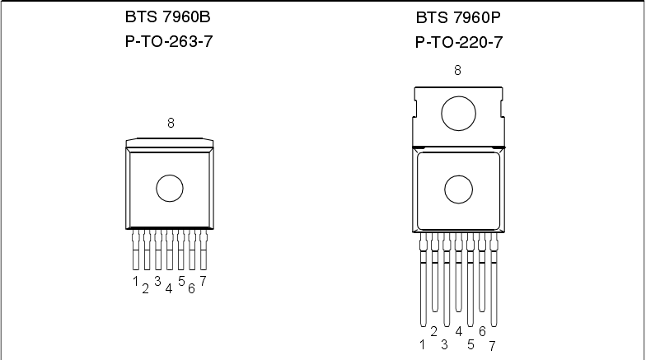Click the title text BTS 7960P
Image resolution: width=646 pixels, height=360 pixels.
click(x=458, y=16)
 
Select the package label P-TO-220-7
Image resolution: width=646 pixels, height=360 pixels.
click(x=458, y=41)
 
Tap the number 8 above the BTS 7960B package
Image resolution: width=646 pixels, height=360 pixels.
click(x=171, y=124)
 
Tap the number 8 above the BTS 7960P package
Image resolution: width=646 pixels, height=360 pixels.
click(x=458, y=70)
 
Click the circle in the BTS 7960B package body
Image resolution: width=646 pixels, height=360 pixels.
click(x=170, y=188)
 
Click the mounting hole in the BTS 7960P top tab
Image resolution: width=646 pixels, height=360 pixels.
click(x=458, y=113)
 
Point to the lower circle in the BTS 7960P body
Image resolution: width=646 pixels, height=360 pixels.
click(x=458, y=189)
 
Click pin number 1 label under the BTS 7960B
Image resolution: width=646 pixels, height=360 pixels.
click(x=134, y=281)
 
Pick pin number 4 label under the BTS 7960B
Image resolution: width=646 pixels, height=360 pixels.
click(x=168, y=288)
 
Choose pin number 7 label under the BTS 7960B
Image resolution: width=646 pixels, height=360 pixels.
click(x=203, y=281)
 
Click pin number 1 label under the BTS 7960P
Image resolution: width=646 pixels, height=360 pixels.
click(x=423, y=344)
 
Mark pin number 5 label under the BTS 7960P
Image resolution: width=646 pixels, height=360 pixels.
click(x=470, y=344)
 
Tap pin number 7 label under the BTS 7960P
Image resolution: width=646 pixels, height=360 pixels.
click(x=493, y=345)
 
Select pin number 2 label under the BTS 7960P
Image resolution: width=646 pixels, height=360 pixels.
click(x=433, y=331)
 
